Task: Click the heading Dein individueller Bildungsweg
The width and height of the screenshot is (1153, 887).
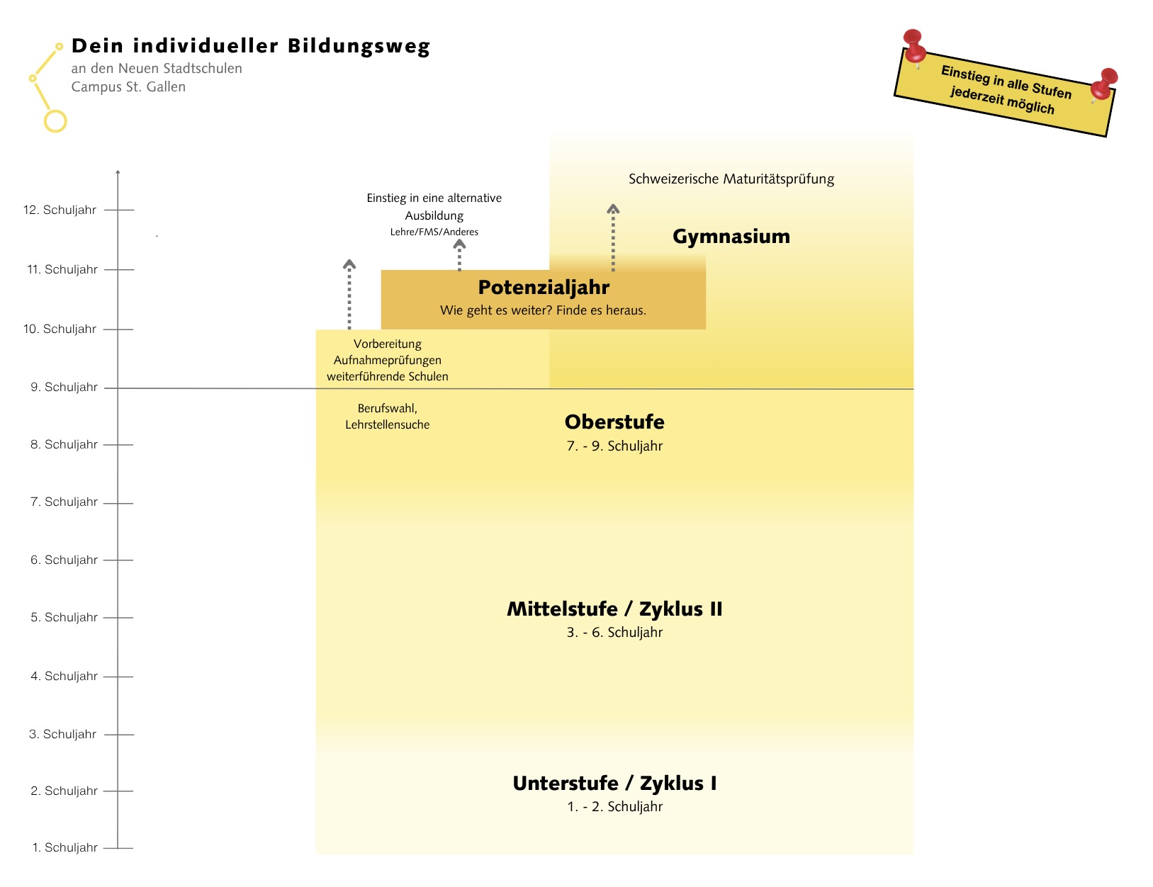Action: click(251, 46)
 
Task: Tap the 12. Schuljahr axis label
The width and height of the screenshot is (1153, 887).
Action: click(60, 210)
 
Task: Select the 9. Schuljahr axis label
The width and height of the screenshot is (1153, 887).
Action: click(64, 387)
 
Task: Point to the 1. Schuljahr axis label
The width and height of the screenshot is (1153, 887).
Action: click(64, 847)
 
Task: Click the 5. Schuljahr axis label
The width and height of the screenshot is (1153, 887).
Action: click(64, 617)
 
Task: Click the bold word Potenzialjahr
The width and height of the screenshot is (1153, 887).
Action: click(544, 287)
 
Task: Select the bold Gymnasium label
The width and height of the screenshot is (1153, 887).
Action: click(731, 236)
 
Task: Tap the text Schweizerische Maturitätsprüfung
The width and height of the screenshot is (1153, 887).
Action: click(731, 179)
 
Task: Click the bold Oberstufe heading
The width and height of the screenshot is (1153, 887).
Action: click(614, 422)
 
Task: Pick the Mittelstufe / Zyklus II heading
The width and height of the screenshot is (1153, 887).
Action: click(614, 609)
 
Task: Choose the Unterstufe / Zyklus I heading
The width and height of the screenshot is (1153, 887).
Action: click(614, 783)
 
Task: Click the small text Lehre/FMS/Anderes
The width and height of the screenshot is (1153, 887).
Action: click(434, 232)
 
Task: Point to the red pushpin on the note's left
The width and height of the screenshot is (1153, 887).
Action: click(914, 47)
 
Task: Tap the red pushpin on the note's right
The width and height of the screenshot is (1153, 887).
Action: click(1103, 84)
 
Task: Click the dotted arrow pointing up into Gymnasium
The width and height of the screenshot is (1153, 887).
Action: click(613, 237)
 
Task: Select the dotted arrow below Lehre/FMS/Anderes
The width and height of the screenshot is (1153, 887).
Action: click(459, 255)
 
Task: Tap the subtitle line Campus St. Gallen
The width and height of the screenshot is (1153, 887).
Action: click(128, 86)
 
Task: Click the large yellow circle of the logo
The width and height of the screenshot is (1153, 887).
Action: click(55, 121)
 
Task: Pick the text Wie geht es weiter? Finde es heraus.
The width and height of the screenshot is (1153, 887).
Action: click(543, 310)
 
